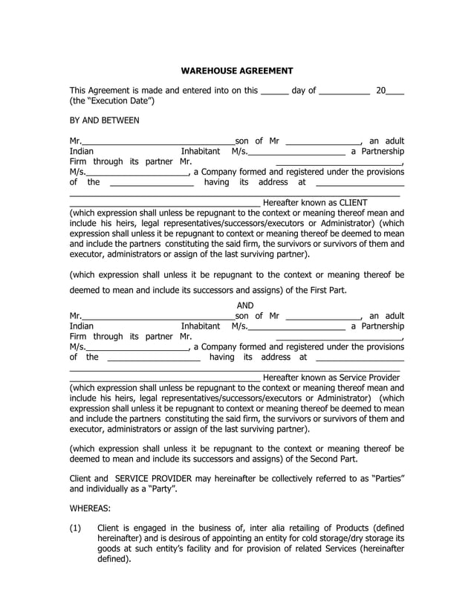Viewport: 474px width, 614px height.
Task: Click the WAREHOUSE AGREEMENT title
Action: coord(237,71)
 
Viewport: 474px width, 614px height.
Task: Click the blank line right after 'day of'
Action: coord(345,93)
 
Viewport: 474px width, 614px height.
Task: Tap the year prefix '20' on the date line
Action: coord(381,91)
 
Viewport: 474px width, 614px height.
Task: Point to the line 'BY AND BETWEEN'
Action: coord(104,120)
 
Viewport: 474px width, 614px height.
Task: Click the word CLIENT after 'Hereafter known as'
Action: coord(349,202)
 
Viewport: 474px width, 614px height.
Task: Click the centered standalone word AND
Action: coord(245,306)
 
